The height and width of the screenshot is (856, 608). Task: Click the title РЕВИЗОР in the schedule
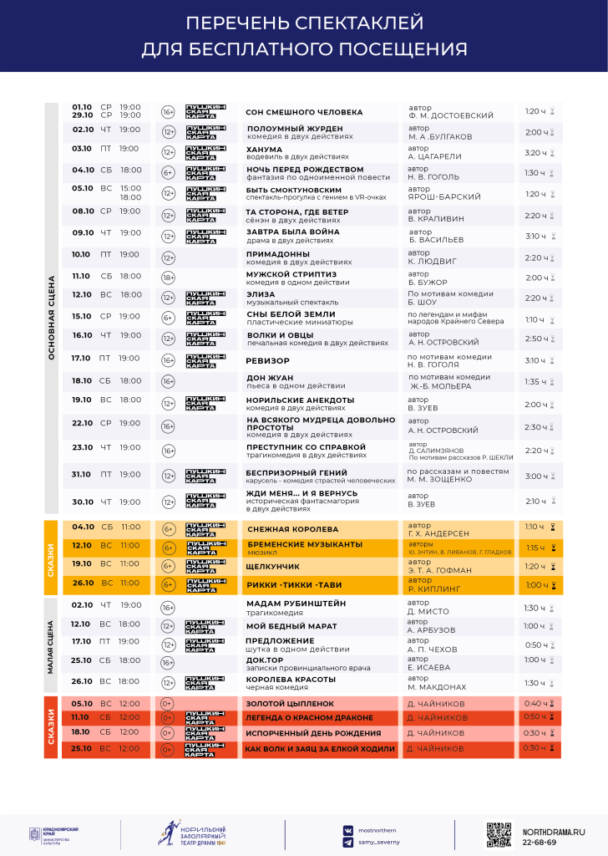click(267, 361)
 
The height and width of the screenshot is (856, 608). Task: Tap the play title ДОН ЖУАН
click(268, 378)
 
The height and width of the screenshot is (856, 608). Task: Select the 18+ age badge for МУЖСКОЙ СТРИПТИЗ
click(168, 278)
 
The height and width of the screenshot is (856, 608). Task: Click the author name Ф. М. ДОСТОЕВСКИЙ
click(451, 115)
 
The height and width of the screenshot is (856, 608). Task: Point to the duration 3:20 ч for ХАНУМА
click(535, 153)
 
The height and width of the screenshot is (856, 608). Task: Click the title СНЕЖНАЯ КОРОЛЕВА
click(292, 529)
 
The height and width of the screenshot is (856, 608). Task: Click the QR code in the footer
click(499, 835)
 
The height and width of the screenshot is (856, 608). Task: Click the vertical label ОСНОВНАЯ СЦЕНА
click(52, 318)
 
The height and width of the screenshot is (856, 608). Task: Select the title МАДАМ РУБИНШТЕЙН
click(296, 604)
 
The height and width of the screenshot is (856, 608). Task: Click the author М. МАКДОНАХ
click(437, 686)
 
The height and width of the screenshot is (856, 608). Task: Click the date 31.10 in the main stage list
click(82, 474)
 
